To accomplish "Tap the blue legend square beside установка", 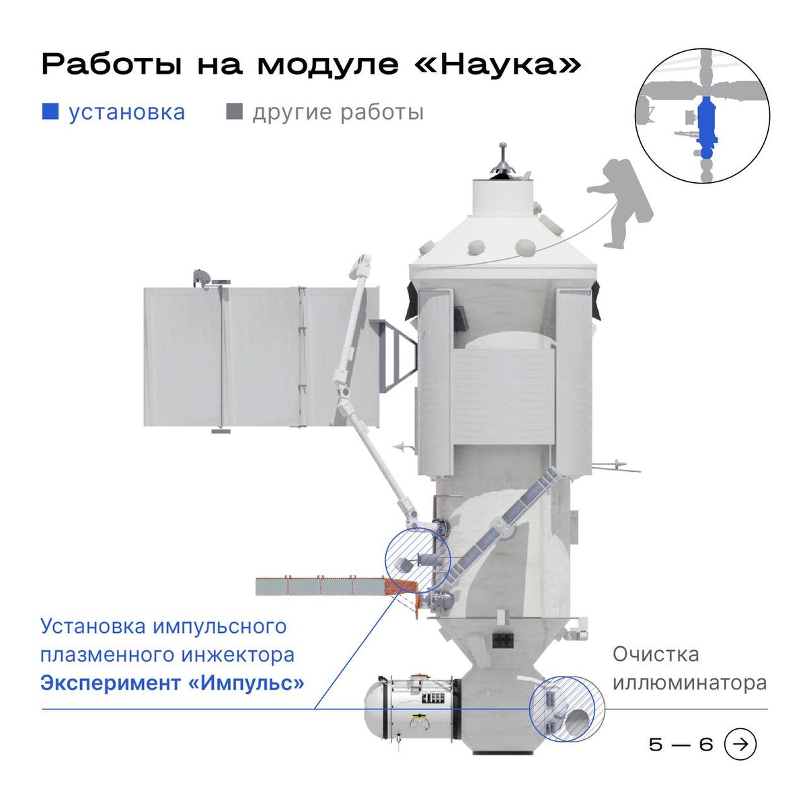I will [50, 112].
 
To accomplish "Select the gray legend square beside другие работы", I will [234, 112].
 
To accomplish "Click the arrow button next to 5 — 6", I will [740, 744].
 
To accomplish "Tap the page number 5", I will [656, 744].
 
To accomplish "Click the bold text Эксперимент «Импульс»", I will [172, 683].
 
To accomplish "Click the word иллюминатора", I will [689, 683].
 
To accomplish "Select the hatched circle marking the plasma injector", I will [417, 561].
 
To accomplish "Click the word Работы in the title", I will [111, 65].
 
